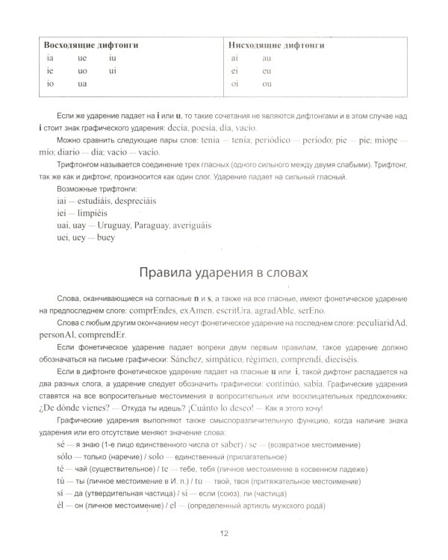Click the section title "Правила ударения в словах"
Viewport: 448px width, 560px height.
pos(223,269)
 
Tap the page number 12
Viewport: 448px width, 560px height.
pos(223,532)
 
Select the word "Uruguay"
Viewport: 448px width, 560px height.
pos(110,225)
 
